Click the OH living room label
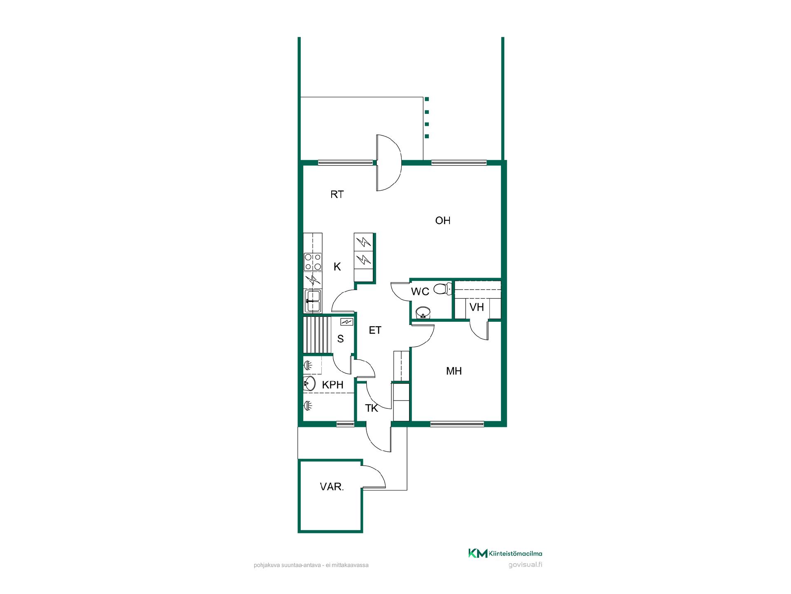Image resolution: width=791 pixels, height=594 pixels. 443,221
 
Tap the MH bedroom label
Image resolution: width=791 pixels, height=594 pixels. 454,371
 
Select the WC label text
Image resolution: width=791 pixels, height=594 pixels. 420,292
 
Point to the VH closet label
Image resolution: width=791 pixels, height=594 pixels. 477,307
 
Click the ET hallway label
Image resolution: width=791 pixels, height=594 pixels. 375,330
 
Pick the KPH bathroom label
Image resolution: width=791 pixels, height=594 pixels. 332,385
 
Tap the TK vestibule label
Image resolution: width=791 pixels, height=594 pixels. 372,408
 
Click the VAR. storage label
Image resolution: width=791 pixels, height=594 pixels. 332,487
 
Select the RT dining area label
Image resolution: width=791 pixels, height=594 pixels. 337,195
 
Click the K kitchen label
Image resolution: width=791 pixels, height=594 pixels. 337,267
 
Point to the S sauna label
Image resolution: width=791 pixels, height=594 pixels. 340,339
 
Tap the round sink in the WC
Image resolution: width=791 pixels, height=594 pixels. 423,313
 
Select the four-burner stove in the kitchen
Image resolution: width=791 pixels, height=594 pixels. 313,262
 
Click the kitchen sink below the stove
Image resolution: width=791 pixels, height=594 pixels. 313,301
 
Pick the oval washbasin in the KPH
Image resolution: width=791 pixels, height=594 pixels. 309,384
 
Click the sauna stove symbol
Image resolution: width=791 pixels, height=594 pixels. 346,322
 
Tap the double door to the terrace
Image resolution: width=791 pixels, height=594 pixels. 389,163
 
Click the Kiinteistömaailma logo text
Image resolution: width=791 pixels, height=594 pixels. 515,554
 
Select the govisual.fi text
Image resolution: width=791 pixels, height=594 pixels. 525,565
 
